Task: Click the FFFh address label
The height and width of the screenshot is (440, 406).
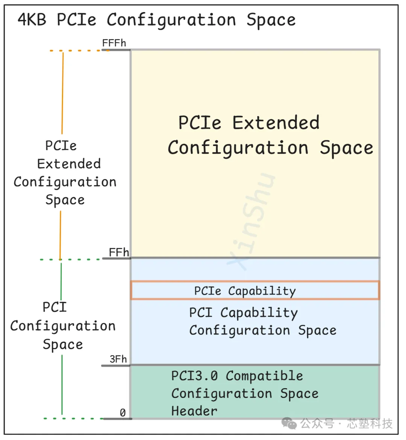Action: [x=114, y=43]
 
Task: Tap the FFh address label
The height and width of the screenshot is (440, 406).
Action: [x=119, y=252]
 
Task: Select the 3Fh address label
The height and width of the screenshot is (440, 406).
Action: [x=118, y=359]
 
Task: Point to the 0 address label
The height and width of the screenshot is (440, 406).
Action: [x=123, y=413]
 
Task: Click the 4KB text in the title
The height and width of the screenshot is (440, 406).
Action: [x=32, y=20]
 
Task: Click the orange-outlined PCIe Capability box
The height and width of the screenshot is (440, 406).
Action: [x=255, y=291]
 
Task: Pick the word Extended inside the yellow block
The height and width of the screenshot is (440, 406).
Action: [x=276, y=122]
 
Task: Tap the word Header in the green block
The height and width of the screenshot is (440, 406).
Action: [x=194, y=411]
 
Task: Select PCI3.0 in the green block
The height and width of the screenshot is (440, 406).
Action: [x=194, y=376]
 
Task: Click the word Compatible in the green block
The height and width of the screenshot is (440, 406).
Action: [x=264, y=376]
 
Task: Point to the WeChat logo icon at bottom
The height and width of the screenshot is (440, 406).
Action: [x=289, y=423]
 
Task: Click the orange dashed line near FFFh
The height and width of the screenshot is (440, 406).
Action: [x=76, y=51]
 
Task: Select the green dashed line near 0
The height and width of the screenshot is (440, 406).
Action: [x=74, y=418]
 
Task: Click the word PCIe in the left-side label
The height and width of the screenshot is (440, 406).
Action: [x=61, y=146]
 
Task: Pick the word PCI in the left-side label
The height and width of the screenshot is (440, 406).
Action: [x=55, y=307]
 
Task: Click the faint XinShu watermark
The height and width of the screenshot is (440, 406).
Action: [x=251, y=222]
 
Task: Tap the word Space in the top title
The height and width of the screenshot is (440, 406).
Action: [x=271, y=20]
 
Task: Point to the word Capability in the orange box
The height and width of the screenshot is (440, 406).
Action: [x=262, y=291]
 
